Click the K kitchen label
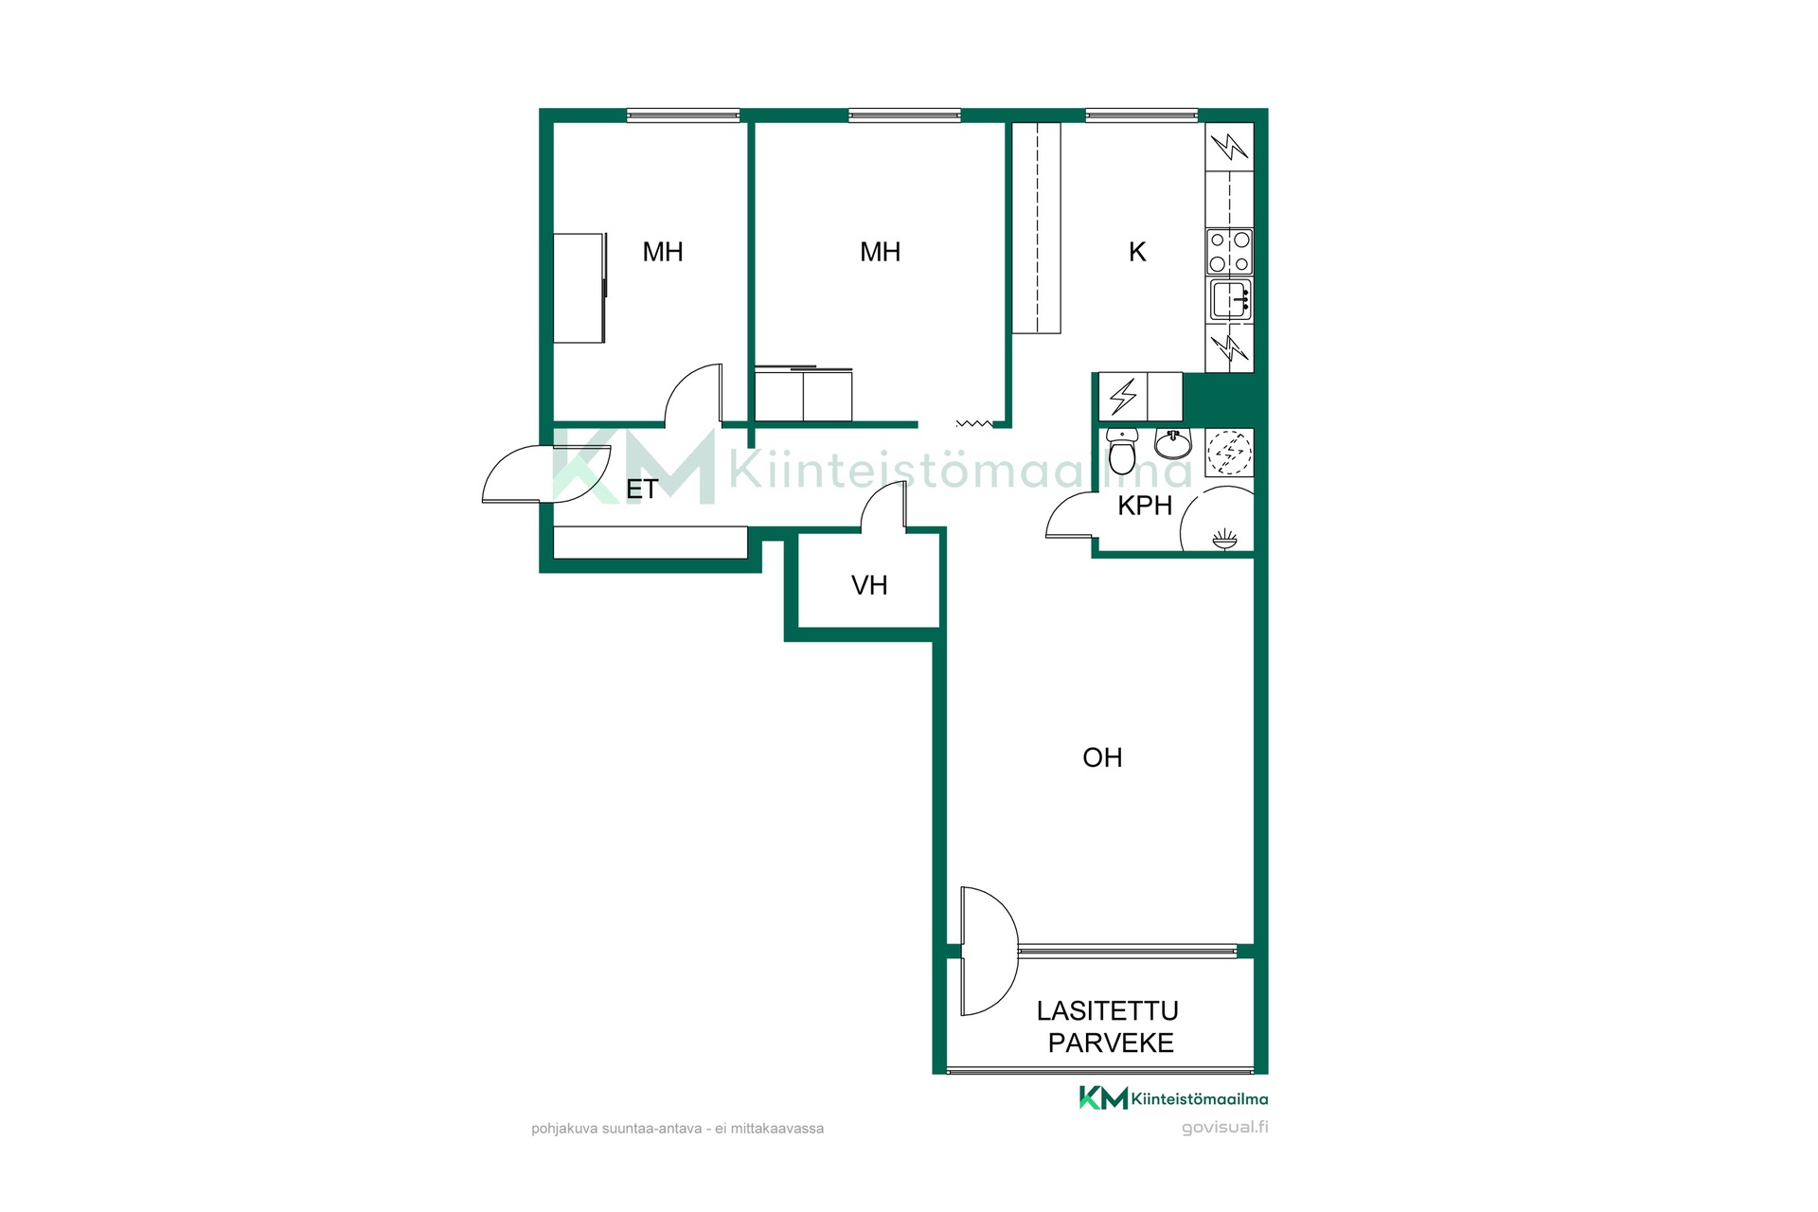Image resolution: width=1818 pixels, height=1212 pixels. tap(1137, 252)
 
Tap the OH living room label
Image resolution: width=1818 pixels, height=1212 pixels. tap(1102, 757)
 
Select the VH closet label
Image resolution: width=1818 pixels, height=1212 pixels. tap(869, 585)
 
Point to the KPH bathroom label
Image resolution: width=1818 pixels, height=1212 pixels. tap(1145, 506)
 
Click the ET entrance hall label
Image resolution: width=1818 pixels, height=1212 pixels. tap(642, 490)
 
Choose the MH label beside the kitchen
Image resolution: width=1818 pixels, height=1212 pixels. tap(880, 252)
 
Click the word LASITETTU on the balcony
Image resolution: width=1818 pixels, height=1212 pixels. tap(1107, 1011)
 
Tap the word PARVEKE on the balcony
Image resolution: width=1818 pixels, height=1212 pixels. tap(1111, 1043)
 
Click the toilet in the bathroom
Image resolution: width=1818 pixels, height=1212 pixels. tap(1122, 452)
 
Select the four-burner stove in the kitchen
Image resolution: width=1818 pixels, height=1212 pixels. tap(1229, 252)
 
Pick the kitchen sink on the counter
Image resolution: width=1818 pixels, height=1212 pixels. tap(1230, 300)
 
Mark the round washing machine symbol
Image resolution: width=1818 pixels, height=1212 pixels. tap(1229, 453)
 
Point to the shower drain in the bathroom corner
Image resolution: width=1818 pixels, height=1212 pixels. tap(1224, 540)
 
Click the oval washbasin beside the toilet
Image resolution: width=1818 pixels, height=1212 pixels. tap(1172, 444)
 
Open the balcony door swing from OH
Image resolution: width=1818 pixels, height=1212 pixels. tap(989, 951)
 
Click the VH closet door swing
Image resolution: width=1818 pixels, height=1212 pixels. tap(882, 506)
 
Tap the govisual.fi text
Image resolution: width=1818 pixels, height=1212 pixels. tap(1224, 1128)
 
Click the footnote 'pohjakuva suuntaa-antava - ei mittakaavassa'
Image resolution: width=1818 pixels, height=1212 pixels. tap(677, 1129)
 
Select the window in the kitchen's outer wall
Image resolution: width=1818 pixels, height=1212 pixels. tap(1142, 116)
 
